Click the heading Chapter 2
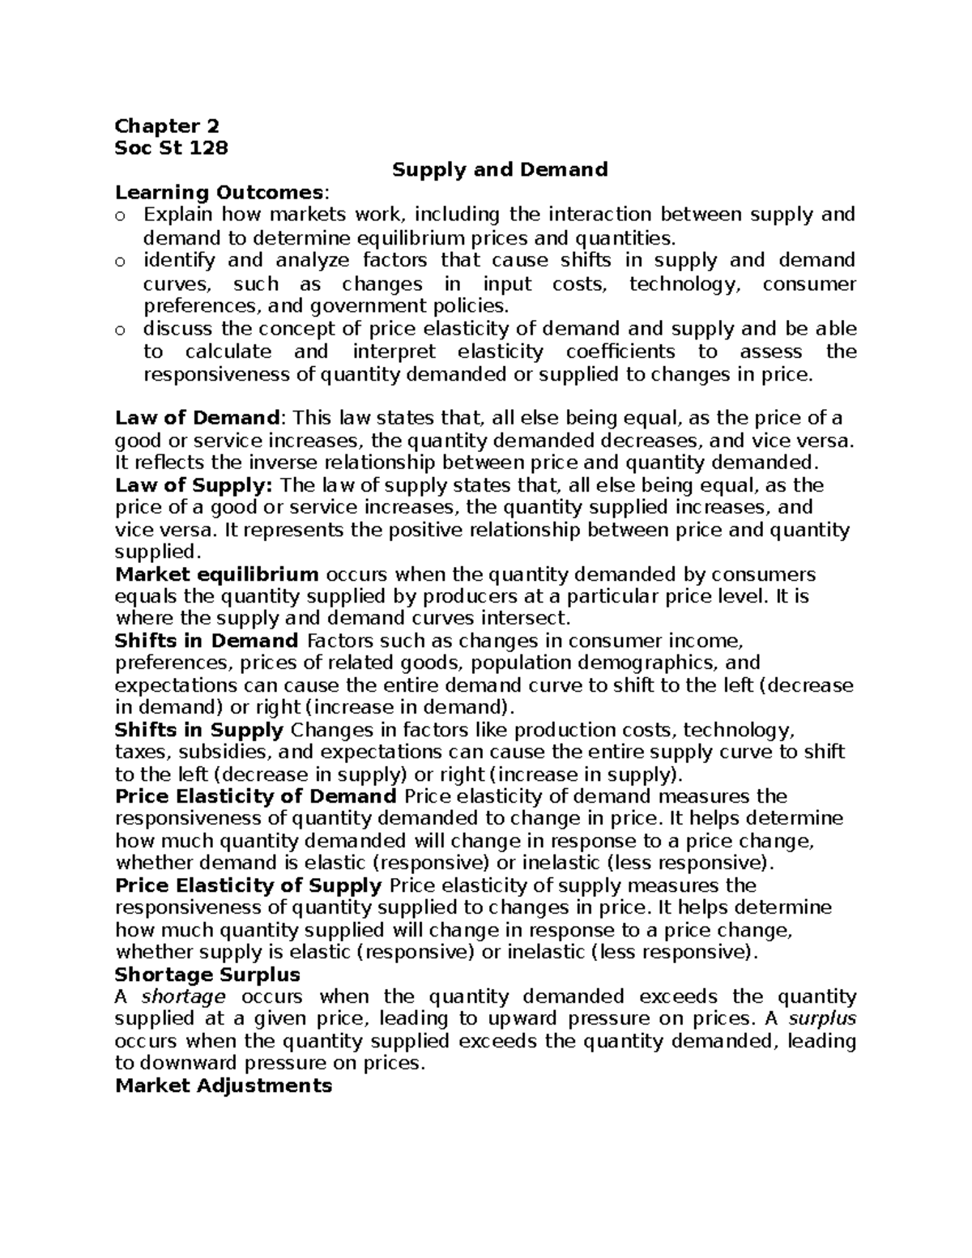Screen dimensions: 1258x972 click(x=167, y=126)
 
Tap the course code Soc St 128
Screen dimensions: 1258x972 click(x=172, y=148)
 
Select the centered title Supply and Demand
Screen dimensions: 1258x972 click(x=500, y=170)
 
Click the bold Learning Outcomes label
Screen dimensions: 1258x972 click(x=220, y=193)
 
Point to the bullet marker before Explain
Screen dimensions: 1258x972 click(x=121, y=215)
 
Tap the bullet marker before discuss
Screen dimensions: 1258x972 click(x=121, y=330)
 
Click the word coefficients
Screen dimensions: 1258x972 click(x=620, y=352)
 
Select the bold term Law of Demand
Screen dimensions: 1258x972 click(x=197, y=419)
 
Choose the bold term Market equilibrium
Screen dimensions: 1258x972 click(x=217, y=575)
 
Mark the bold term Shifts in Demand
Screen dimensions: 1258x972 click(x=207, y=642)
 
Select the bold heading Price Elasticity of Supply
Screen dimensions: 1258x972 click(x=249, y=885)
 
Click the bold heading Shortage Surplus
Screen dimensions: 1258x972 click(x=208, y=974)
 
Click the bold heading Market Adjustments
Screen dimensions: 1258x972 click(x=224, y=1086)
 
